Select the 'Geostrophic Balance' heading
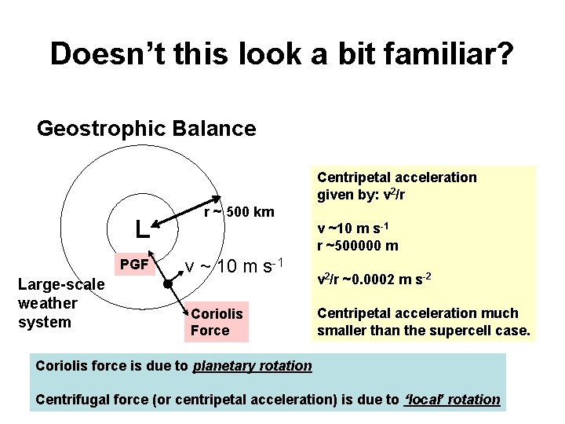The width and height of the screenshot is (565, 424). (x=147, y=128)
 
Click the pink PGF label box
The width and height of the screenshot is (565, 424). (x=135, y=265)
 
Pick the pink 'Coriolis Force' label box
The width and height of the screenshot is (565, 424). (x=217, y=322)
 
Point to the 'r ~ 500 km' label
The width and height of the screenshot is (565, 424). (x=239, y=212)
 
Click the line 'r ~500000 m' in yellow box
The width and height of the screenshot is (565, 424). (x=357, y=246)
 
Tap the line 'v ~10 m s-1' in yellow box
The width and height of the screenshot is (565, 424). (x=355, y=228)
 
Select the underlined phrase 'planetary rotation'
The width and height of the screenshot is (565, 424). (x=252, y=365)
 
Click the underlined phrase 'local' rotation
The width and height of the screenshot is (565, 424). (x=451, y=399)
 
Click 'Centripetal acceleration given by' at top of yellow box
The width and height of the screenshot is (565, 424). (x=396, y=185)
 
